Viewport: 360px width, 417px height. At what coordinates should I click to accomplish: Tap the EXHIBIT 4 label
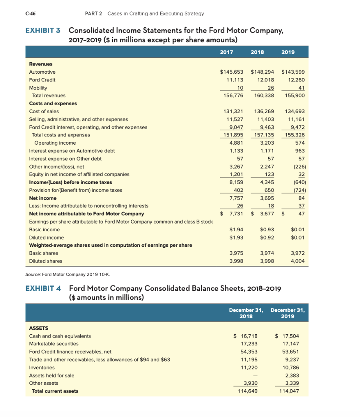43,289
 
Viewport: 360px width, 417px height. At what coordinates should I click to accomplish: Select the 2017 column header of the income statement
226,52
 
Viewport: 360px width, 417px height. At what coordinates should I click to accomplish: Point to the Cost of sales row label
44,111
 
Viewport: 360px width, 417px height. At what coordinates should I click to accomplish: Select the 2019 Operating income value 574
299,143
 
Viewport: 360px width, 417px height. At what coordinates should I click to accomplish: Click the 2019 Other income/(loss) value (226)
299,166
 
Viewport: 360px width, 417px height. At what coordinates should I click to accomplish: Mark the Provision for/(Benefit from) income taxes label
75,190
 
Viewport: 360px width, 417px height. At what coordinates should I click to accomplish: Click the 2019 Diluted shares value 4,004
298,261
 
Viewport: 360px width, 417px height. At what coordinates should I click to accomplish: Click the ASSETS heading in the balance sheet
39,328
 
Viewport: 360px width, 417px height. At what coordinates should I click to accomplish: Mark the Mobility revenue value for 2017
240,88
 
